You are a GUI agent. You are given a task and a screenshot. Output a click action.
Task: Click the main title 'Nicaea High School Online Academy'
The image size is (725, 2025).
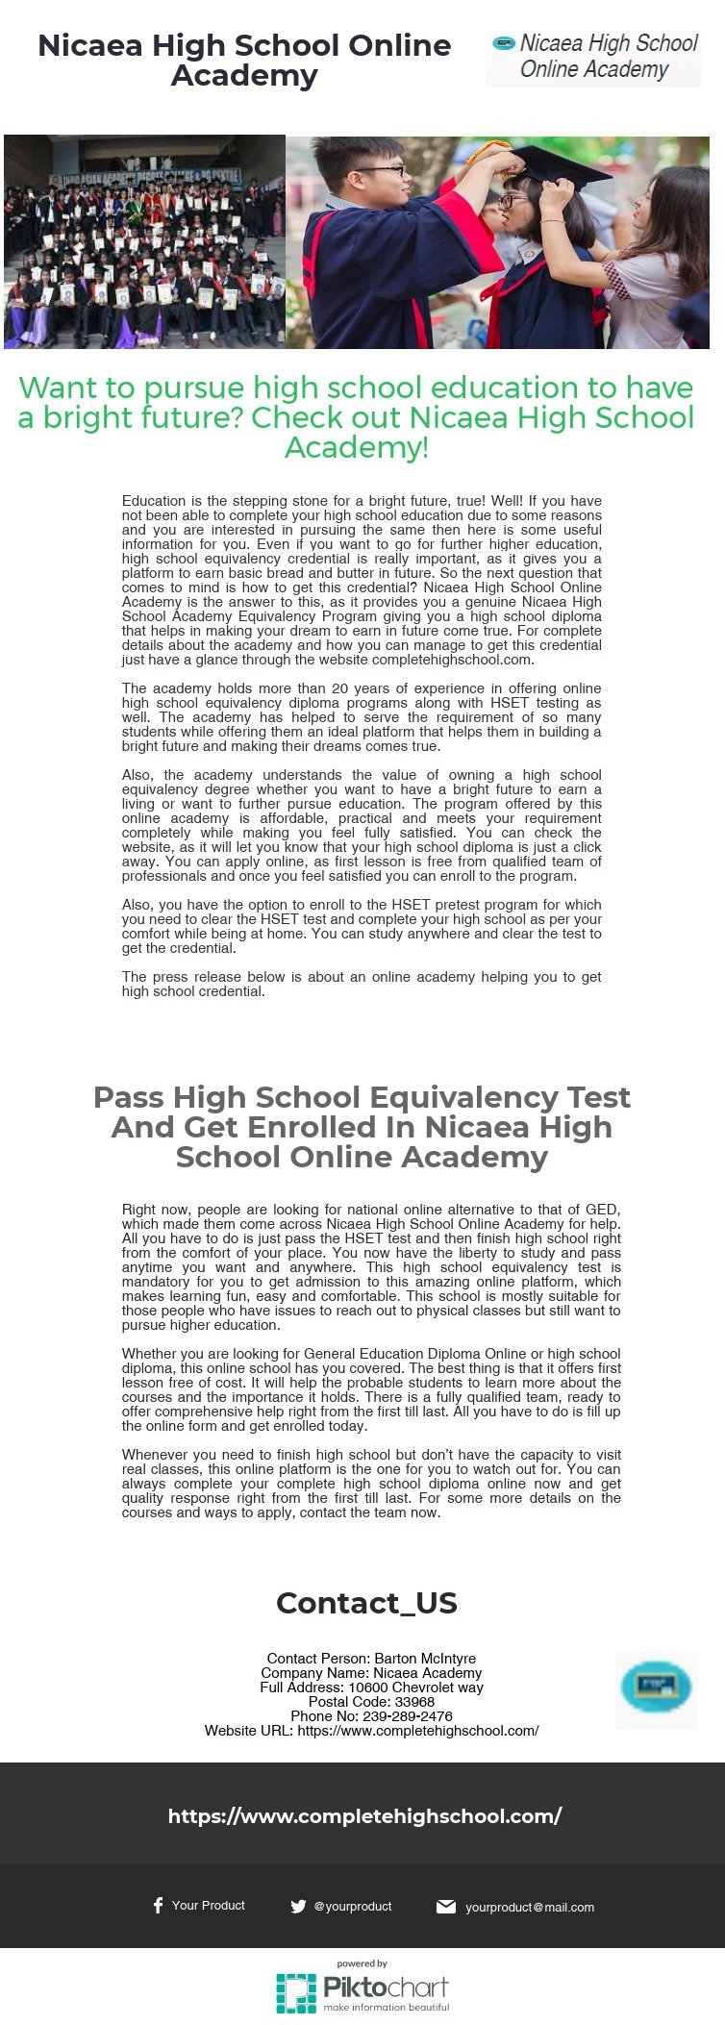coord(244,60)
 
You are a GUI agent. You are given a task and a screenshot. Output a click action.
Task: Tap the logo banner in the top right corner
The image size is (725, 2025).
coord(593,57)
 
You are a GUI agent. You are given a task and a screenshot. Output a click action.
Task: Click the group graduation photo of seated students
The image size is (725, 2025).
coord(144,241)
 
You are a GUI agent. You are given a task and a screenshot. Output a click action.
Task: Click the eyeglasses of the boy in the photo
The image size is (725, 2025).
coord(380,171)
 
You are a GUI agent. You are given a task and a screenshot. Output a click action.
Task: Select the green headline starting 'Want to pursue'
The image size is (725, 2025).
coord(356,417)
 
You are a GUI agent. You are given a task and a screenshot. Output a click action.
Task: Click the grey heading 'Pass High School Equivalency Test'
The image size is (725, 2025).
coord(362,1126)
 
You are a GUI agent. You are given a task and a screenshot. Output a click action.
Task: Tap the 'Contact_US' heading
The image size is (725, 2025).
coord(366,1603)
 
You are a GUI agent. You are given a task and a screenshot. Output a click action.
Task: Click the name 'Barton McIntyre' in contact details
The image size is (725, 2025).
coord(425,1659)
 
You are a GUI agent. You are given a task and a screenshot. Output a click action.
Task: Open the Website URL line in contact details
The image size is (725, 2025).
coord(372,1731)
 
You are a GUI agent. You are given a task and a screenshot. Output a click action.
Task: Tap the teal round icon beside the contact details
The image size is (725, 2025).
coord(656,1689)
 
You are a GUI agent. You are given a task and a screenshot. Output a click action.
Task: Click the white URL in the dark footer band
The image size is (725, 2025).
coord(364,1816)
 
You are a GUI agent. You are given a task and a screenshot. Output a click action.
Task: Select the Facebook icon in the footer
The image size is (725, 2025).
coord(158,1906)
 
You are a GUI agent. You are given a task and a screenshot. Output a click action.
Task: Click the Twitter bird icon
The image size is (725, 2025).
coord(298,1907)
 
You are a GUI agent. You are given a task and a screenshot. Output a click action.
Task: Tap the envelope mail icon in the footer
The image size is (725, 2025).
coord(446,1907)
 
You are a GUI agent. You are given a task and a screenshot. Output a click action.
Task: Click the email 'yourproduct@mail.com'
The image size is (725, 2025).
coord(530,1908)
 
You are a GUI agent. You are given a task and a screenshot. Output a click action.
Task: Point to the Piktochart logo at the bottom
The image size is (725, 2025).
coord(362,1987)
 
